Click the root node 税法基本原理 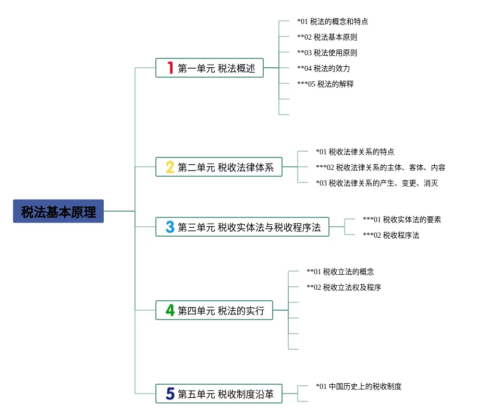coord(58,211)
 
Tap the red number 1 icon coord(170,68)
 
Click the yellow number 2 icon coord(170,167)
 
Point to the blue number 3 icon coord(170,227)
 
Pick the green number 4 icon coord(170,310)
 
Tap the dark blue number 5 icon coord(170,394)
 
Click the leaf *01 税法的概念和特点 coord(333,21)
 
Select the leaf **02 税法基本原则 coord(327,37)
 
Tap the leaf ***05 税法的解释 coord(325,84)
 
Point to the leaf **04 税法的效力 coord(324,68)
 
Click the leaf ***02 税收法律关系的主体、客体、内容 coord(381,167)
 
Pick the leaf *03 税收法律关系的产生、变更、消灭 coord(377,183)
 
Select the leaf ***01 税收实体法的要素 coord(402,219)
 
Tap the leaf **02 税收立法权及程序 coord(344,287)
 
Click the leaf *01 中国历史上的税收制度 coord(359,386)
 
